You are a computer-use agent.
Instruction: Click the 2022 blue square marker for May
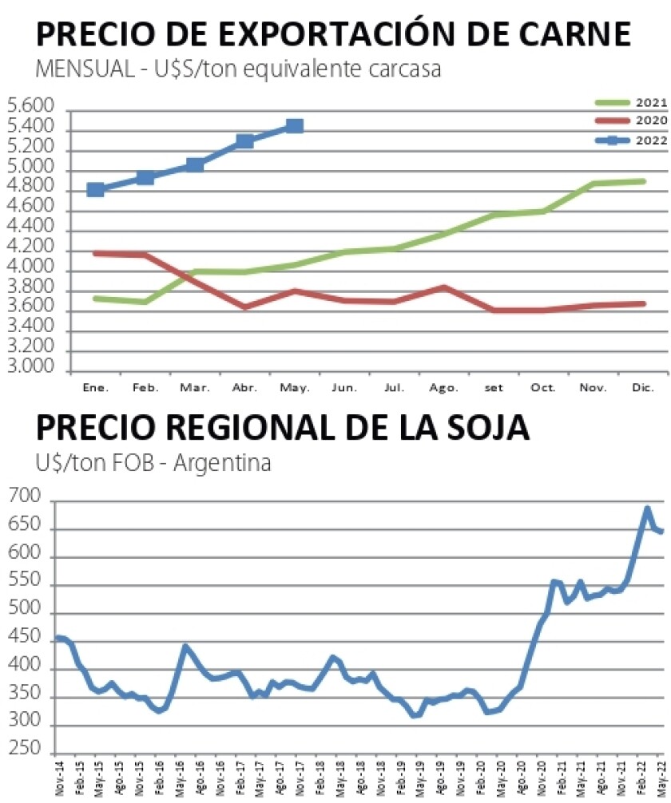coord(294,125)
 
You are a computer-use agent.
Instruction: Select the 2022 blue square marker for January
coord(96,189)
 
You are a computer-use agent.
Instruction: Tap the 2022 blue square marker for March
coord(195,164)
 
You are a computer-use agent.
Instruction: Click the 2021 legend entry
coord(631,102)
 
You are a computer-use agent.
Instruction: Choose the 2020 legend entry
coord(631,120)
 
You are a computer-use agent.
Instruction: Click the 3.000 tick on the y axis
coord(30,370)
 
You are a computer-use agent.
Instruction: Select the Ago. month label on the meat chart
coord(444,387)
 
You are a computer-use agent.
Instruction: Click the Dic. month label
coord(643,387)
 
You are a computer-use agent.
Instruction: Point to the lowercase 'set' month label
coord(494,387)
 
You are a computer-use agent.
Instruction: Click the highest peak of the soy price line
coord(647,508)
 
